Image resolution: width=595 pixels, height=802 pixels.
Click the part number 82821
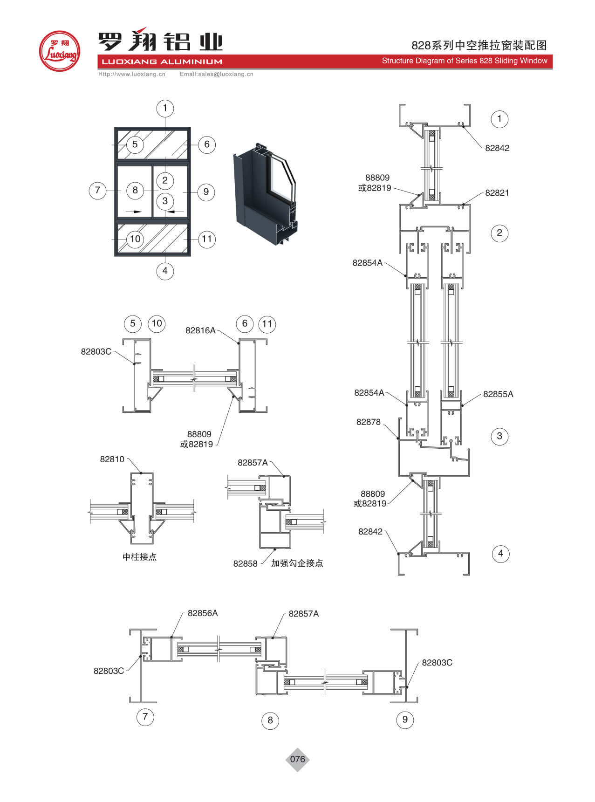tap(497, 193)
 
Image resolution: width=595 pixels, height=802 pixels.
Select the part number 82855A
tap(498, 394)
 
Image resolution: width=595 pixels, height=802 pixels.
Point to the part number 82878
tap(368, 422)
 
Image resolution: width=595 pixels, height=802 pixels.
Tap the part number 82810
tap(112, 459)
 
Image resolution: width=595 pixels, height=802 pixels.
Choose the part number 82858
tap(245, 564)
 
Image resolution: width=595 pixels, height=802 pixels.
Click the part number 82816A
tap(200, 330)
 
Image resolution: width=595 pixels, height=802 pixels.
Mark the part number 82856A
tap(203, 613)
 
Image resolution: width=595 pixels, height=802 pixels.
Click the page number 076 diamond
tap(297, 759)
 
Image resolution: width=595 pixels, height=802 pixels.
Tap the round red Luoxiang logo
tap(60, 51)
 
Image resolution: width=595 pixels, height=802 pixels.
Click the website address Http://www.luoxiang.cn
tap(132, 74)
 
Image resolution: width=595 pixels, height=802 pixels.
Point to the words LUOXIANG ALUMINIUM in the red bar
tap(162, 62)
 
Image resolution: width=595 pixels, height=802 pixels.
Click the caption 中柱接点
tap(139, 557)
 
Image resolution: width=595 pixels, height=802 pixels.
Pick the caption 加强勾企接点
tap(297, 563)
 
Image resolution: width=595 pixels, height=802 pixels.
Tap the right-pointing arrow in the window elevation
tap(134, 212)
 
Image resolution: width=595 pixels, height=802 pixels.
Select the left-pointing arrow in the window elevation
tap(176, 212)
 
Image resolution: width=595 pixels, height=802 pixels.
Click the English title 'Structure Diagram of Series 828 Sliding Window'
tap(465, 61)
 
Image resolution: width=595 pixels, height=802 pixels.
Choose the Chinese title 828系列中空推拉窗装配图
tap(479, 45)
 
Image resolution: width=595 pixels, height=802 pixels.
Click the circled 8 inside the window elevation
tap(135, 190)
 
